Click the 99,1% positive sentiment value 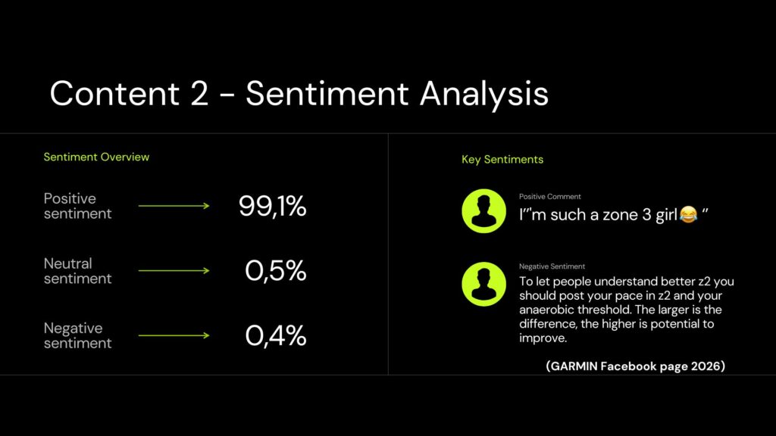[272, 206]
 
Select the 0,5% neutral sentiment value [276, 270]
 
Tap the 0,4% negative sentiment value [276, 335]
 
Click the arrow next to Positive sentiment [174, 206]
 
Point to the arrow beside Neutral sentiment [174, 270]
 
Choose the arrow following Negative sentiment [174, 335]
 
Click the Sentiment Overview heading [96, 157]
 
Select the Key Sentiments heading [502, 159]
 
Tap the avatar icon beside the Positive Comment [483, 210]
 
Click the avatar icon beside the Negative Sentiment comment [483, 284]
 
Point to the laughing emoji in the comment [688, 214]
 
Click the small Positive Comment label [550, 196]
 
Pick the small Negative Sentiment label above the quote [552, 266]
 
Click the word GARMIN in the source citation [574, 366]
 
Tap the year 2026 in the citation [706, 366]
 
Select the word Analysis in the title [484, 94]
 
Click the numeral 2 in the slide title [199, 93]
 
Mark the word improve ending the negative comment [541, 338]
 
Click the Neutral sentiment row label [78, 271]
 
